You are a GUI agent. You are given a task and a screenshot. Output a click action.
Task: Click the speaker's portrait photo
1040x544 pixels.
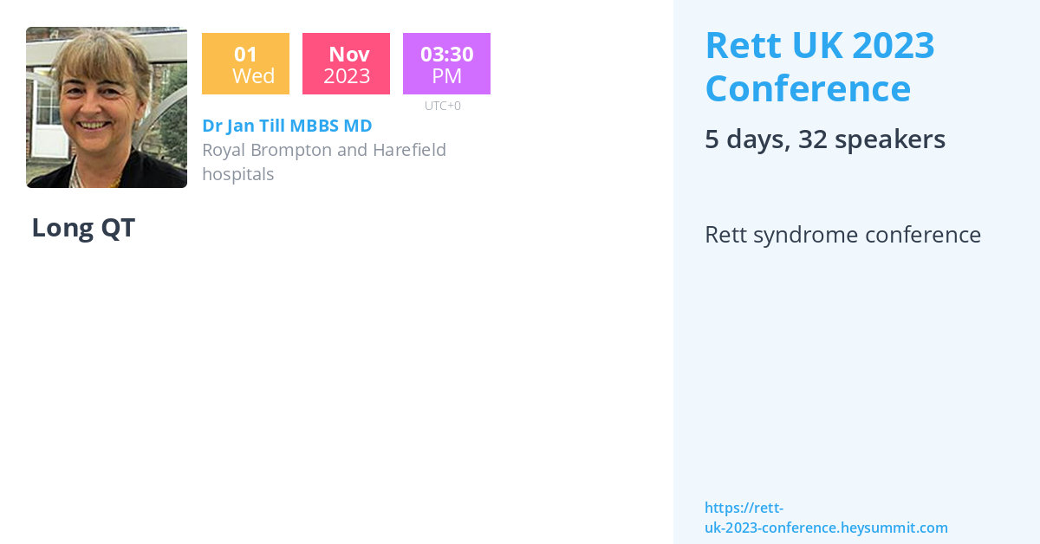106,107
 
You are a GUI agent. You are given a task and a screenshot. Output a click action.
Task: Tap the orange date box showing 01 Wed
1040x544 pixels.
245,64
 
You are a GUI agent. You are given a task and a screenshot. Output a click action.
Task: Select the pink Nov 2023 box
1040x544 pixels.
346,64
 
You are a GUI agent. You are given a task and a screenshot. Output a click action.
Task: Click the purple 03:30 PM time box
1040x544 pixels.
446,64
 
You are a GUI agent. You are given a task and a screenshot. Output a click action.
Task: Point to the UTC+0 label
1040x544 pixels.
443,106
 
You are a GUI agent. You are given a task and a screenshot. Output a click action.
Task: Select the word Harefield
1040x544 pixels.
409,150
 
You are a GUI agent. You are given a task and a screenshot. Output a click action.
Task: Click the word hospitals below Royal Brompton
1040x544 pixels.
238,174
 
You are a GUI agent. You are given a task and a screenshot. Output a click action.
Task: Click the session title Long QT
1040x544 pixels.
83,228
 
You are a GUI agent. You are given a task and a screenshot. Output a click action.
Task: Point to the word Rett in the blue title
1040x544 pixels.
738,45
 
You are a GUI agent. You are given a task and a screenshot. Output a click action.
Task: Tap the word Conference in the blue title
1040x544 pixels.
808,88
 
